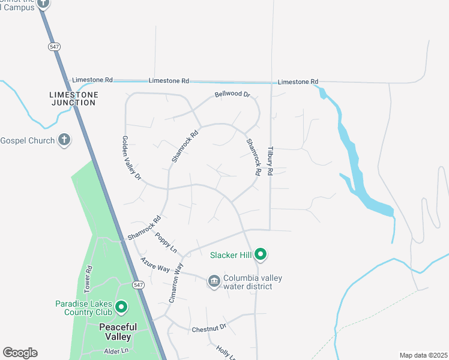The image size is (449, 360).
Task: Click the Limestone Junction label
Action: tap(73, 98)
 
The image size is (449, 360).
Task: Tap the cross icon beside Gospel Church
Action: tap(64, 140)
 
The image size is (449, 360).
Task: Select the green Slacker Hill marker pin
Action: tap(260, 255)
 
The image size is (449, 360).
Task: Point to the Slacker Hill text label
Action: tap(230, 255)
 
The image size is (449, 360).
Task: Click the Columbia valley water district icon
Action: tap(214, 281)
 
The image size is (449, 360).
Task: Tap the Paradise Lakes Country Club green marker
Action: tap(121, 308)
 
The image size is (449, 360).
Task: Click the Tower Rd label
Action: tap(88, 279)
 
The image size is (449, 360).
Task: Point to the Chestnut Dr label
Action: tap(208, 328)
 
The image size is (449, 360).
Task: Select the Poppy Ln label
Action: tap(166, 242)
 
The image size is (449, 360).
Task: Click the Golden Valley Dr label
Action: tap(132, 158)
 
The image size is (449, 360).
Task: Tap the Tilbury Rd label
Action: tap(270, 160)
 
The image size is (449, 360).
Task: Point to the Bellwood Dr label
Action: tap(232, 95)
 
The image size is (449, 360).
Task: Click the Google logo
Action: tap(20, 353)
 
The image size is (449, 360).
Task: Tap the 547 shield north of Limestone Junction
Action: tap(54, 46)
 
